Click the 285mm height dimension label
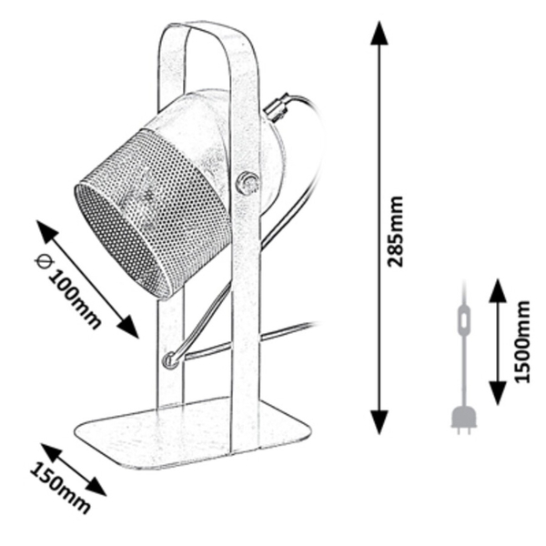tap(396, 231)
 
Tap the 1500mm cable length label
tap(521, 341)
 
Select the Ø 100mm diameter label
tap(68, 292)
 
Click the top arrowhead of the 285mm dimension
tap(379, 33)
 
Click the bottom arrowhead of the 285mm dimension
tap(379, 422)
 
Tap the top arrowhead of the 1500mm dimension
tap(497, 291)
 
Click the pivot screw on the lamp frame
tap(247, 183)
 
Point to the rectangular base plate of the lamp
tap(193, 433)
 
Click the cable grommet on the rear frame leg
tap(171, 360)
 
